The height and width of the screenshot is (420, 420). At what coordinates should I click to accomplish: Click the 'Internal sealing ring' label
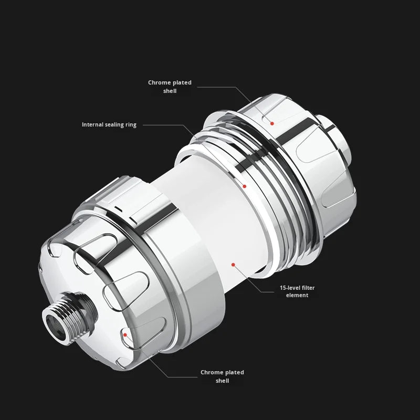pos(109,125)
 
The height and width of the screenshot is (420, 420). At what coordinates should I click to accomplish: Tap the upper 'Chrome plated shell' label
pos(170,87)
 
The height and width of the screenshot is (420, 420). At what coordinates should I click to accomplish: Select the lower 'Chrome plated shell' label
pos(222,376)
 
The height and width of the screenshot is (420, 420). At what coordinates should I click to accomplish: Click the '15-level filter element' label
pos(297,291)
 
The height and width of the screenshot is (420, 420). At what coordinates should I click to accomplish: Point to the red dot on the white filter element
pos(233,265)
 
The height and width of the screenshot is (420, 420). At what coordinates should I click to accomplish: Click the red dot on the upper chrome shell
pos(272,123)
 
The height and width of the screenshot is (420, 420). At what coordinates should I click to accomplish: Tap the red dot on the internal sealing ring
pos(244,186)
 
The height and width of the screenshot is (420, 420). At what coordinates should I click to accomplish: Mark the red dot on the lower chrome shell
pos(125,335)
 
